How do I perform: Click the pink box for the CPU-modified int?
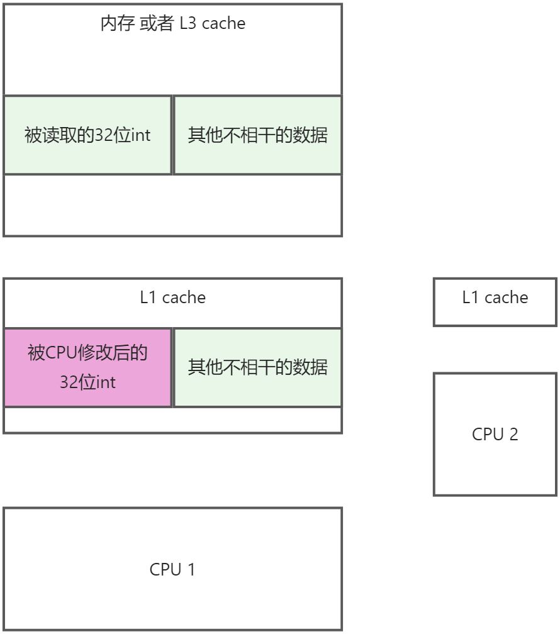coord(88,367)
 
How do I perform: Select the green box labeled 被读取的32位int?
coord(88,135)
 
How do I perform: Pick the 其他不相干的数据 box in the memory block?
coord(258,135)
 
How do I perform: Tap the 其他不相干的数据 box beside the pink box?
coord(258,367)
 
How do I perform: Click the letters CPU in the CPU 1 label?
coord(165,569)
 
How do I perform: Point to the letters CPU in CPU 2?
coord(488,434)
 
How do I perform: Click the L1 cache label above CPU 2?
coord(495,297)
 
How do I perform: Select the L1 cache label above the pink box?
coord(173,297)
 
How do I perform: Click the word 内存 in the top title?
coord(117,23)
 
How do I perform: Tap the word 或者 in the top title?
coord(157,23)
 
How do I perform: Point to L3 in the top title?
coord(188,23)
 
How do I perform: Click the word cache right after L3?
coord(223,23)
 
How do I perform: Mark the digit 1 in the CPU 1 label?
coord(191,569)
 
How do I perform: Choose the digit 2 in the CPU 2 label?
coord(513,434)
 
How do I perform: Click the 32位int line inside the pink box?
coord(88,382)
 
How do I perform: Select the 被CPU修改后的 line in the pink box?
coord(87,352)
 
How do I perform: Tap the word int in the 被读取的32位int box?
coord(140,135)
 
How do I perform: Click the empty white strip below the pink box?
coord(173,420)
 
